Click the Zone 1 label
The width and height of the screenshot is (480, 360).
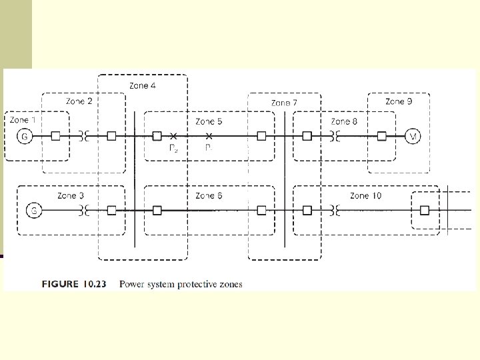(x=25, y=120)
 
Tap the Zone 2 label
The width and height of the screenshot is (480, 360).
(x=79, y=101)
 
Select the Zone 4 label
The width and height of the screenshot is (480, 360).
(x=143, y=86)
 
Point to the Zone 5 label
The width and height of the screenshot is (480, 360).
(x=209, y=122)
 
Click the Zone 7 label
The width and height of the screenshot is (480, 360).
(x=284, y=103)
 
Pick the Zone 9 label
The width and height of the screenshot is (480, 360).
(x=399, y=101)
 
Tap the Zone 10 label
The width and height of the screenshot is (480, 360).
(x=365, y=196)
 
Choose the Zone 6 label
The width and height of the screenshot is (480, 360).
(x=209, y=196)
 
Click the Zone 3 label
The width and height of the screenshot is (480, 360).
(x=71, y=196)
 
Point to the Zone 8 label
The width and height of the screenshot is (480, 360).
(x=344, y=122)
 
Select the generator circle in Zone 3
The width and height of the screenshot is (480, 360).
(x=33, y=211)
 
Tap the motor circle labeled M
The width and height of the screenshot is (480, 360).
(x=413, y=137)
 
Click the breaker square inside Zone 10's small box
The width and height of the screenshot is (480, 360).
(x=425, y=211)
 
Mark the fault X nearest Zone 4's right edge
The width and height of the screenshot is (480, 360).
(x=173, y=137)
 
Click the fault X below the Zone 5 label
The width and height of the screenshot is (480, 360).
(x=209, y=137)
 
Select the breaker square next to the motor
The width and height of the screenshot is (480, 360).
(x=381, y=137)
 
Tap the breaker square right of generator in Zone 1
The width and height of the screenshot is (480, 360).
(x=56, y=137)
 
